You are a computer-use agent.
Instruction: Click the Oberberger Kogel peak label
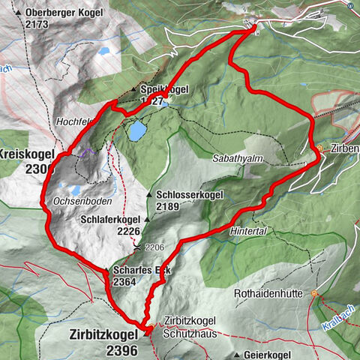(x=67, y=13)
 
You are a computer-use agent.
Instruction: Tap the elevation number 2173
(x=36, y=24)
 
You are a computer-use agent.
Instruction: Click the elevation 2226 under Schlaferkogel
(x=130, y=232)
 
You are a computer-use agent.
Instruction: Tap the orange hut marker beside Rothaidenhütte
(x=314, y=293)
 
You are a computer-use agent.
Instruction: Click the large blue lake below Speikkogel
(x=137, y=131)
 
